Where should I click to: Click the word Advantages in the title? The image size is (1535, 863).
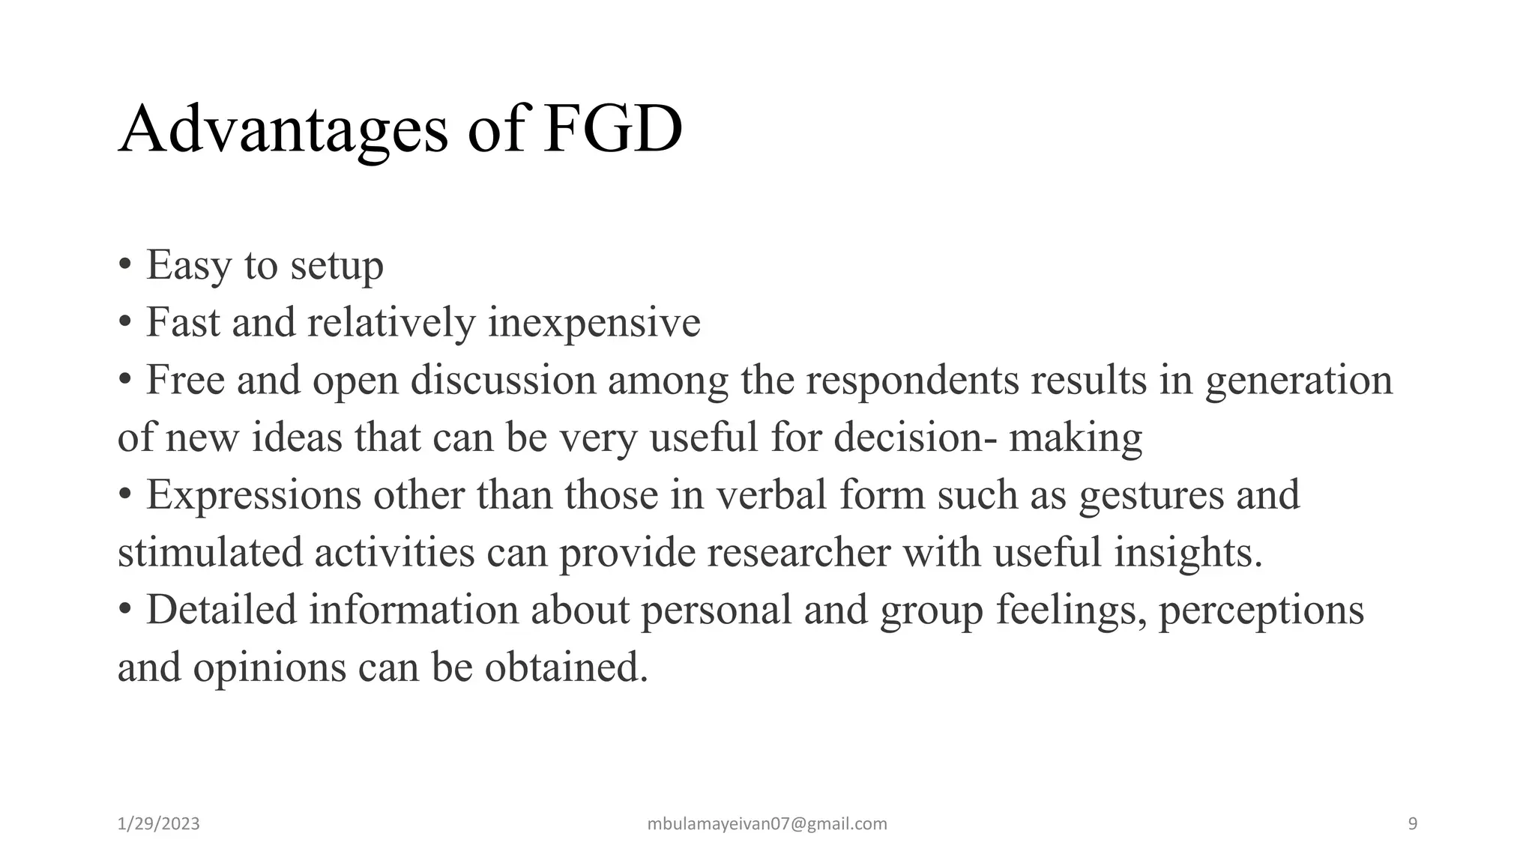283,130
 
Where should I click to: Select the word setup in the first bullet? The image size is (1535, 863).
337,265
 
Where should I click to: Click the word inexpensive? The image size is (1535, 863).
594,323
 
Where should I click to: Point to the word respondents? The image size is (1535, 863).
912,381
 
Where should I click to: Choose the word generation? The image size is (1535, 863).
1299,381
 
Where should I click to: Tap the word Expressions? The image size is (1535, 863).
253,495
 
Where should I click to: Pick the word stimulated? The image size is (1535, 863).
210,553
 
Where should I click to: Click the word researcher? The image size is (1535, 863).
798,553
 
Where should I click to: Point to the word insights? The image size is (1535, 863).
1188,553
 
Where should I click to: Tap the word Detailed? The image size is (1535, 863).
221,610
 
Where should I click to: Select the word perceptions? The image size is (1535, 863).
1261,610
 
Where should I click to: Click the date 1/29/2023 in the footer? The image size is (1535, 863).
159,824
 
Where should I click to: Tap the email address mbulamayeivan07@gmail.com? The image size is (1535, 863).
767,824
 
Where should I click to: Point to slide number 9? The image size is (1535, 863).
1413,824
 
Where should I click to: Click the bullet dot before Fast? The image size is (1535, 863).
125,324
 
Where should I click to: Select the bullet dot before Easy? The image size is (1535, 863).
125,267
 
